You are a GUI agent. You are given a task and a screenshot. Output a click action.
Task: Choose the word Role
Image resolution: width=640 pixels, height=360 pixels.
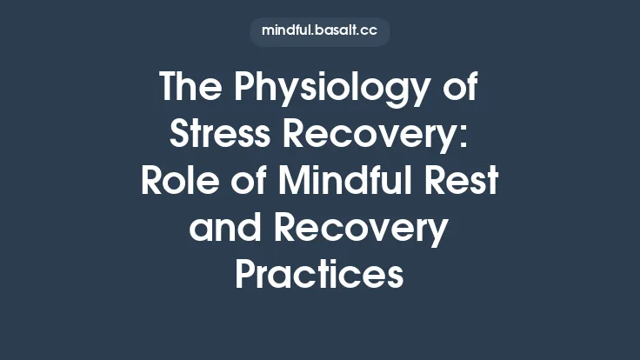177,183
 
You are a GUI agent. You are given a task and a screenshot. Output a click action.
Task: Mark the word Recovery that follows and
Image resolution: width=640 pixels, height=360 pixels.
363,230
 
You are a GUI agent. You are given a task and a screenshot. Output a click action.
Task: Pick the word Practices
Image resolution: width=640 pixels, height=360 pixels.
319,276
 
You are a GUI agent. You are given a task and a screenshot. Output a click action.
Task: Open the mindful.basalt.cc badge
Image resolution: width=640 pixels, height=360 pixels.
319,32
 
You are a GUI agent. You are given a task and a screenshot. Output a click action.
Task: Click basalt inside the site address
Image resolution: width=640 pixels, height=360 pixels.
333,32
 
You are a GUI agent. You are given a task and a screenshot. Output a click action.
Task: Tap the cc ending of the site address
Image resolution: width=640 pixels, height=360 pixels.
368,32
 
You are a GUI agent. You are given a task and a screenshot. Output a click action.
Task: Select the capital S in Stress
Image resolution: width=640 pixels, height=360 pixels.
182,136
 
